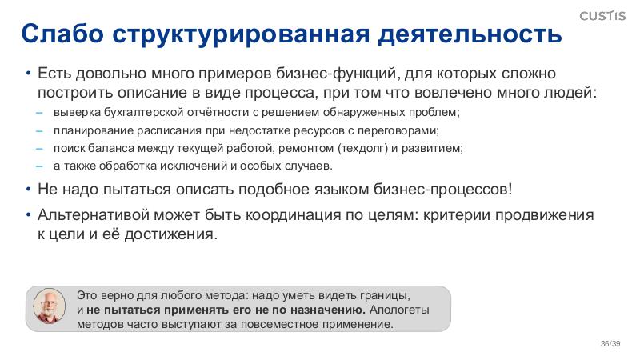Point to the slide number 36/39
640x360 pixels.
point(610,343)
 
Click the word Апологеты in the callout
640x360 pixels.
point(400,310)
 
